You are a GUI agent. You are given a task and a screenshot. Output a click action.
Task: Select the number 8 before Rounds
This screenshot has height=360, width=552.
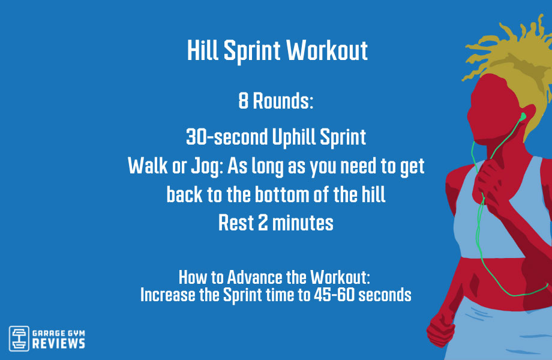(x=243, y=101)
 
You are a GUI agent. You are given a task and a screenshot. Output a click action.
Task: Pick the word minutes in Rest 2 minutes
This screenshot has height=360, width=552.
(x=302, y=223)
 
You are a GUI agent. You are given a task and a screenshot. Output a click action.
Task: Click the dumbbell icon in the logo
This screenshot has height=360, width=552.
(x=19, y=337)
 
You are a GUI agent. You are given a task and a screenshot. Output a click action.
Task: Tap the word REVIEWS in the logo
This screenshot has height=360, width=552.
(x=58, y=343)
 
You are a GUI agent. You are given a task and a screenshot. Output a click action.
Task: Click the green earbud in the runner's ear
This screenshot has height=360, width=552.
(x=523, y=116)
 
